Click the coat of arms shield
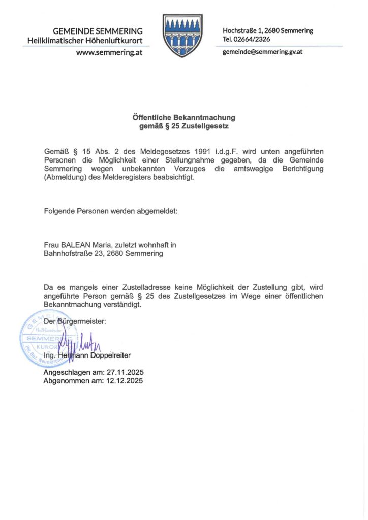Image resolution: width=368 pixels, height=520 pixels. point(183,35)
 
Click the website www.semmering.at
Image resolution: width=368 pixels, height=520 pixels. point(109,52)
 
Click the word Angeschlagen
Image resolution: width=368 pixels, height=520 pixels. point(68,372)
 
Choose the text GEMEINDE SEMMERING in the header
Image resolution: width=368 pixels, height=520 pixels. point(98,31)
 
